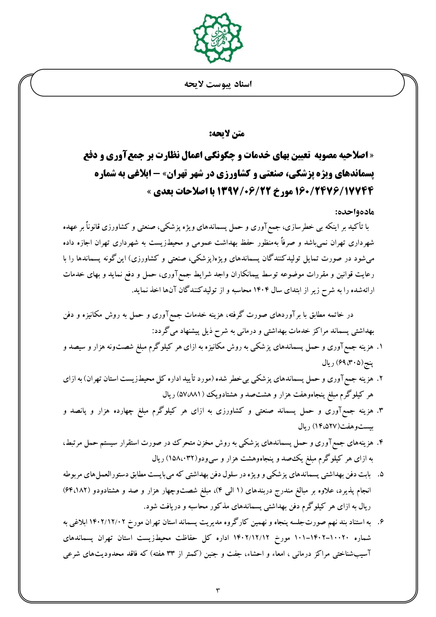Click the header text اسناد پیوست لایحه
[218, 85]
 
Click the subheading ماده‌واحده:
[355, 212]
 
